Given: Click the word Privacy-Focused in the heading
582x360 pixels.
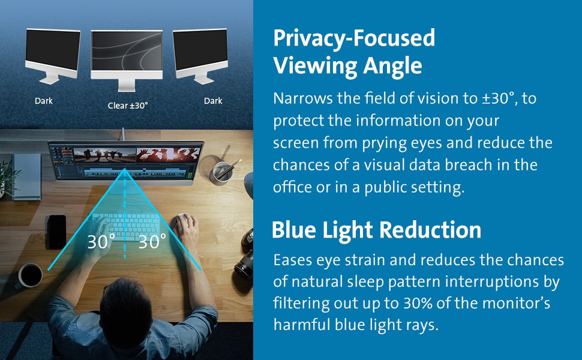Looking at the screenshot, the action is pyautogui.click(x=354, y=38).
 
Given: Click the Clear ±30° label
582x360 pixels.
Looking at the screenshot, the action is pyautogui.click(x=128, y=106).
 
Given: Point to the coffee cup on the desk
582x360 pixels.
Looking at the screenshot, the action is pyautogui.click(x=29, y=276).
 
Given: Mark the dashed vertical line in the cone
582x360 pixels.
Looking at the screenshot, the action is pyautogui.click(x=125, y=214).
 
